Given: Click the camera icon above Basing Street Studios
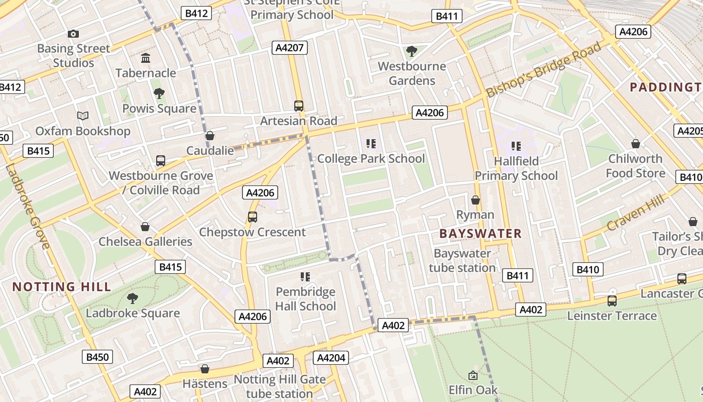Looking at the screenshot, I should point(73,34).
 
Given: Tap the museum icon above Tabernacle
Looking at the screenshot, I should point(146,58).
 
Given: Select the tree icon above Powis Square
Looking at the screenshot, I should point(159,93).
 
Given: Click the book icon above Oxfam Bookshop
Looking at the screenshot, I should point(83,116).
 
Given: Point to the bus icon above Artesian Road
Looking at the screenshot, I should point(299,106).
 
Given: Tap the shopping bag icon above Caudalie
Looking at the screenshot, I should point(210,136).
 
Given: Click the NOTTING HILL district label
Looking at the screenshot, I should point(61,287).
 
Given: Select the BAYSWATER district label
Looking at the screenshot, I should point(481,234).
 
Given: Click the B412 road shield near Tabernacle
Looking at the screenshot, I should point(196,14).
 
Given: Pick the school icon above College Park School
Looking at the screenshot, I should point(371,144).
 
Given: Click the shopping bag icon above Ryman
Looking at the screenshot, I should point(476,200).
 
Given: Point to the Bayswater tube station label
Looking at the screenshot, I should point(462,260).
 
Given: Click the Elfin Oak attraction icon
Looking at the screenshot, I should point(473,375).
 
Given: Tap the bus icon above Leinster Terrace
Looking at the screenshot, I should point(612,301).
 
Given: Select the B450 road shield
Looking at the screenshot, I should point(97,357).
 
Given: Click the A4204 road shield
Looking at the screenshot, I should point(331,358).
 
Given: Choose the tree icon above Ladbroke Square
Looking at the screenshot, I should point(133,298).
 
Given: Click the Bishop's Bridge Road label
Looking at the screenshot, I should point(543,70).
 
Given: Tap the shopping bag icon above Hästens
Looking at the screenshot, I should point(205,369).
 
